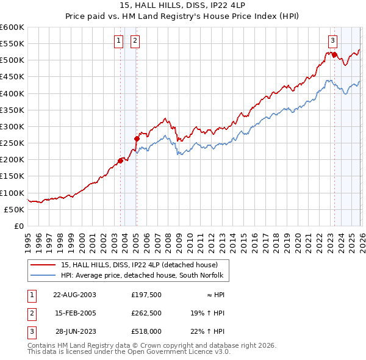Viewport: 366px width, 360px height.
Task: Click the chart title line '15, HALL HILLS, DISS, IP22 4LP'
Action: (182, 6)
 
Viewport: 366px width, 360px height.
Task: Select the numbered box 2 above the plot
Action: (134, 41)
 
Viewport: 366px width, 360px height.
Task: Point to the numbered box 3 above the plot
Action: (332, 41)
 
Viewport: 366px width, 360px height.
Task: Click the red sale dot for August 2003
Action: (120, 160)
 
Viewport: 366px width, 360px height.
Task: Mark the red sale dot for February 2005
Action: (137, 139)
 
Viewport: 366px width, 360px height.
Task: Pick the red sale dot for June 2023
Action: (335, 54)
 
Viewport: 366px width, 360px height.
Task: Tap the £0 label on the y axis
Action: (20, 226)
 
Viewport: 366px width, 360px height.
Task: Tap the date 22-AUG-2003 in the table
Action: (74, 294)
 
